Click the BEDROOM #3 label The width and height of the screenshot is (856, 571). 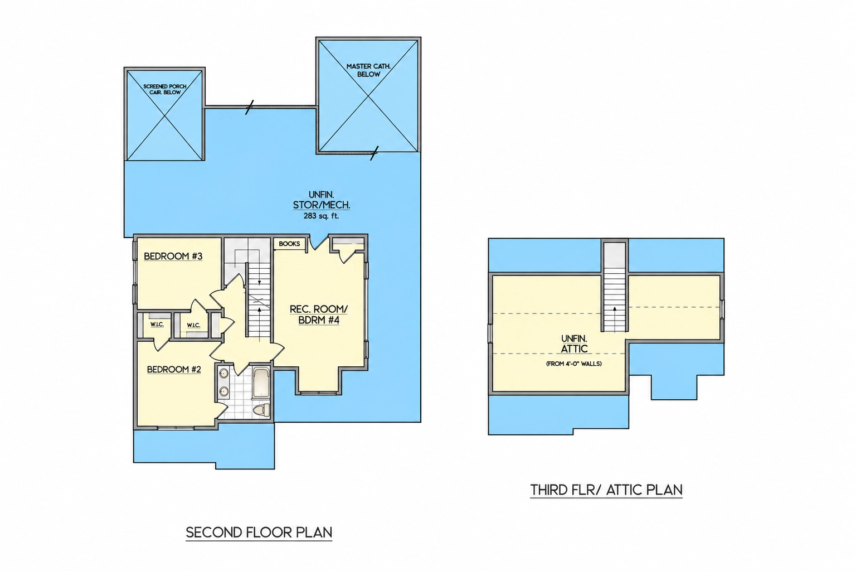point(173,257)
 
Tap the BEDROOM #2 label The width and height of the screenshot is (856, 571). point(174,370)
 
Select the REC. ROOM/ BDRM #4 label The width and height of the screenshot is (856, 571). point(319,314)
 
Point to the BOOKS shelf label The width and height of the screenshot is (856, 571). point(289,244)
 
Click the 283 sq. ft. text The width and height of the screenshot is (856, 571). point(321,216)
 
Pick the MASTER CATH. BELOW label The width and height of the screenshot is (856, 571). point(368,70)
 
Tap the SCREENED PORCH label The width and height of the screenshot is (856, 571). point(165,86)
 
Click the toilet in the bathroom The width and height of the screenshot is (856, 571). point(262,410)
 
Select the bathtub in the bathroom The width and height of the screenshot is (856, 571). point(262,383)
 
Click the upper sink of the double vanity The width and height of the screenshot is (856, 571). point(224,373)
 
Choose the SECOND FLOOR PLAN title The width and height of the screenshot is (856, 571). point(259,533)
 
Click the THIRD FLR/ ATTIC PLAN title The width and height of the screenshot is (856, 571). point(606,490)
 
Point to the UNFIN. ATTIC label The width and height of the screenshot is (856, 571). point(574,344)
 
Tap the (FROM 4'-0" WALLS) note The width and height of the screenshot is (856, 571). point(574,364)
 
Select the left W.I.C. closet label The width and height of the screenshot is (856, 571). point(157,325)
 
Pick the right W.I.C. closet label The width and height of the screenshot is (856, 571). point(193,326)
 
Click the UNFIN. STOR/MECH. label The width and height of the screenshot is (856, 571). point(322,200)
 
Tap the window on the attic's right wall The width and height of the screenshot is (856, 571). point(722,309)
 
